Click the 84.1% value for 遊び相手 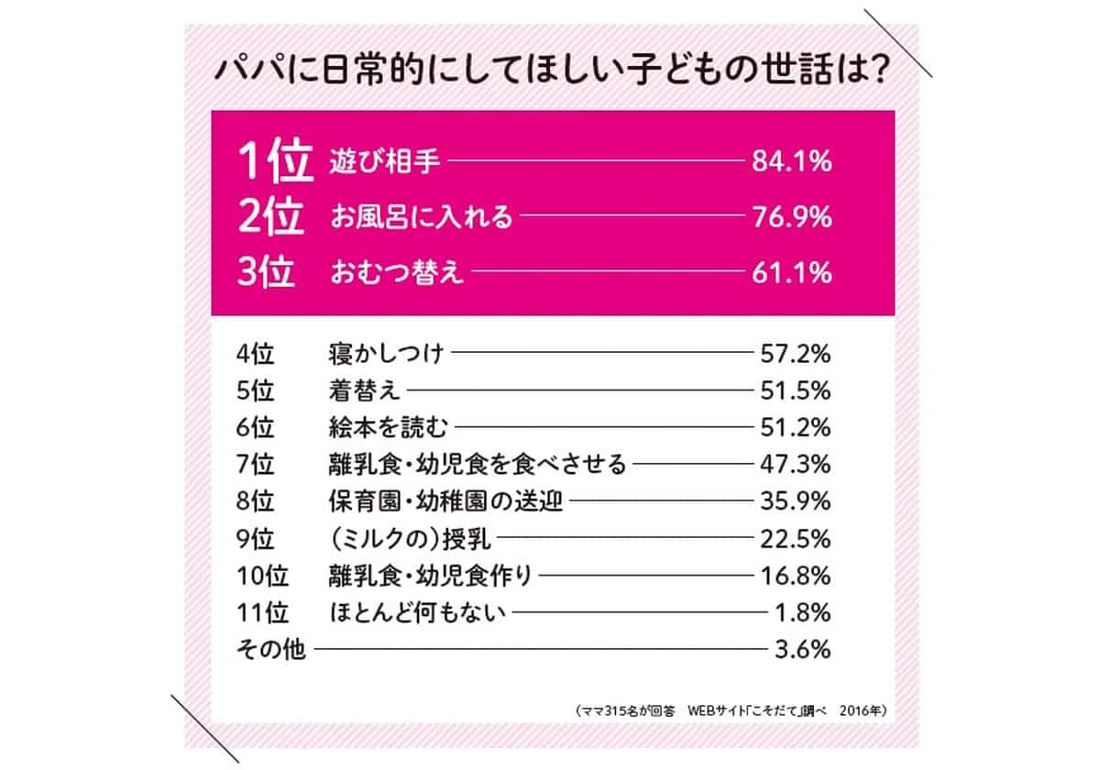791,163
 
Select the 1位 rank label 269,163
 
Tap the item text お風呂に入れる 421,218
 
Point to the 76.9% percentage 791,218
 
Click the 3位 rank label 268,273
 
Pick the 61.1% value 791,273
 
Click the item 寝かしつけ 386,353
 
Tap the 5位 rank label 255,390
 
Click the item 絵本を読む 386,427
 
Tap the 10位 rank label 261,576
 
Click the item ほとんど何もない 417,613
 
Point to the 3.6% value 802,651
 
